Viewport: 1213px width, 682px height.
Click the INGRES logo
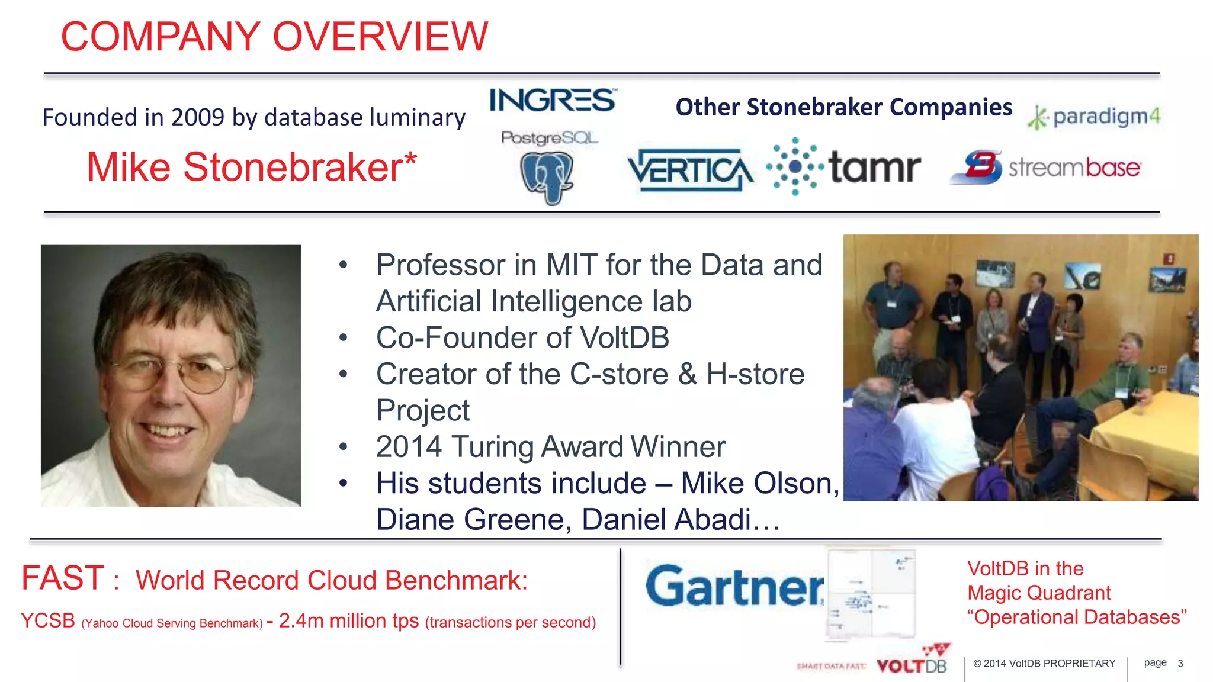click(x=552, y=101)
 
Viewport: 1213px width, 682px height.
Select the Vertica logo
click(x=690, y=170)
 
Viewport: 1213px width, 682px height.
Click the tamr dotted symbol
click(x=795, y=167)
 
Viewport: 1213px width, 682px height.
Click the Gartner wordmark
click(x=734, y=586)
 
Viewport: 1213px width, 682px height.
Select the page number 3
click(x=1180, y=664)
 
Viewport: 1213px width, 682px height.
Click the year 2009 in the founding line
click(x=198, y=117)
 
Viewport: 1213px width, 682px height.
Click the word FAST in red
click(x=63, y=578)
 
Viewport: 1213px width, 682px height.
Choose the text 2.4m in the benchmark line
click(x=301, y=621)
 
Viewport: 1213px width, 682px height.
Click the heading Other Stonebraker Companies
click(x=843, y=107)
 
